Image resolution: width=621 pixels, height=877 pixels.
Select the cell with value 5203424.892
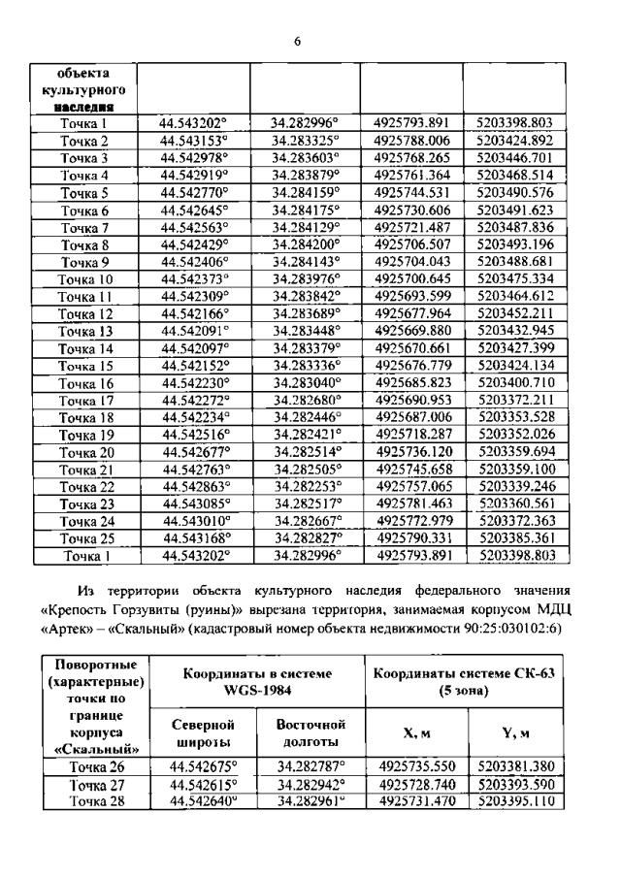[514, 141]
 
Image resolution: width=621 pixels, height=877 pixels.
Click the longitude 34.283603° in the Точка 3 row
[305, 158]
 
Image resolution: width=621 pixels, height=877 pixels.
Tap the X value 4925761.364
[412, 176]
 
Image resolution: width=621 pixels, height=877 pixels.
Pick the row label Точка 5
[84, 193]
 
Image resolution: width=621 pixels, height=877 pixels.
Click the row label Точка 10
[84, 279]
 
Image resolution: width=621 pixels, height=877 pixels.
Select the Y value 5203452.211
[515, 314]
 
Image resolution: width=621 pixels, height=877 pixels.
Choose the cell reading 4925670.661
[412, 349]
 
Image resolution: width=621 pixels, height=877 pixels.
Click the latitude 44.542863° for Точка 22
[194, 487]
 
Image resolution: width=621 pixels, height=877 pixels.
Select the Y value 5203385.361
[515, 538]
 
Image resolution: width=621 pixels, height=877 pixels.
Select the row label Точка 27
[93, 784]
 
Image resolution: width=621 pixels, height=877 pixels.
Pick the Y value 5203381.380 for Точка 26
[516, 766]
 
